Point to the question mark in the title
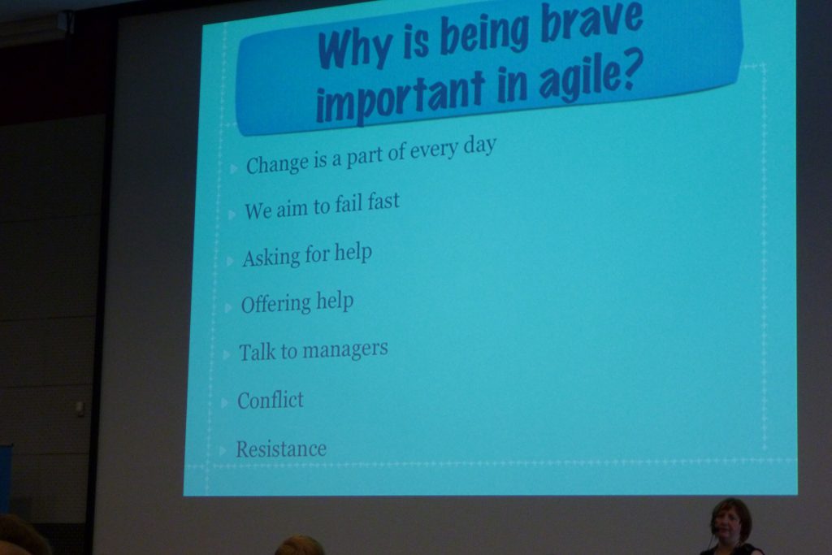coord(631,72)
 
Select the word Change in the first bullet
coord(277,164)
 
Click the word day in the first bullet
coord(479,145)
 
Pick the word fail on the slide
coord(349,204)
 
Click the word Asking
coord(271,258)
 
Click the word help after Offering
coord(335,301)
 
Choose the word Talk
coord(257,352)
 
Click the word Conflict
coord(271,400)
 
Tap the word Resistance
coord(281,449)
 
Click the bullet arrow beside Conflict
coord(224,403)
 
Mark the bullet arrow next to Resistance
coord(223,451)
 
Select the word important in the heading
coord(401,97)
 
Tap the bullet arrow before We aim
coord(232,215)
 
